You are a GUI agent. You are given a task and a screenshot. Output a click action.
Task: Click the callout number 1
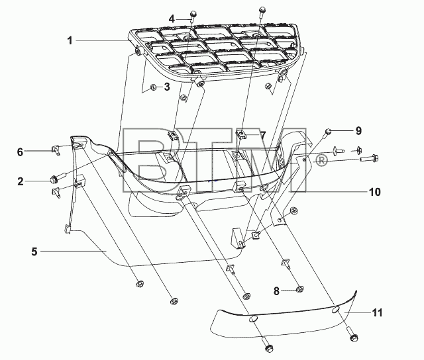click(70, 41)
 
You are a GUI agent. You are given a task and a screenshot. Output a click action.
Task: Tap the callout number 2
click(21, 181)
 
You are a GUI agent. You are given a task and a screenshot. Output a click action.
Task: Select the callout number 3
click(167, 87)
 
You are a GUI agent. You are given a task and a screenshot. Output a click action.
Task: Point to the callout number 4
click(172, 19)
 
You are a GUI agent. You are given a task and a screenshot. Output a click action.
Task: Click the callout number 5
click(34, 251)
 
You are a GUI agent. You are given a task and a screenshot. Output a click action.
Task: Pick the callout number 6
click(21, 152)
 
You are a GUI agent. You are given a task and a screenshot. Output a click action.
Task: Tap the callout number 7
click(262, 135)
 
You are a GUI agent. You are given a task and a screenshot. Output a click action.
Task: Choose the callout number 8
click(276, 291)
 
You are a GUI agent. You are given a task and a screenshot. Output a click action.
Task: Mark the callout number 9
click(358, 131)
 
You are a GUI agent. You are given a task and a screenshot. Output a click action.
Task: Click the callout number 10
click(375, 192)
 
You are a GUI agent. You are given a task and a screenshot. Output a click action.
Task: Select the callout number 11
click(378, 313)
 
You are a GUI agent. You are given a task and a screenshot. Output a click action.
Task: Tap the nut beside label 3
click(153, 87)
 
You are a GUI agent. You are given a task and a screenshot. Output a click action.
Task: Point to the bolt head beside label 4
click(193, 13)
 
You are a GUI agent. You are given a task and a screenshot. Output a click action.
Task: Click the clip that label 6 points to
click(56, 150)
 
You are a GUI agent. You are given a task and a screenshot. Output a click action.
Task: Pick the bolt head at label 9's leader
click(328, 132)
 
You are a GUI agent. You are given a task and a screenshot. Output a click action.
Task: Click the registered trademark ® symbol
click(321, 161)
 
